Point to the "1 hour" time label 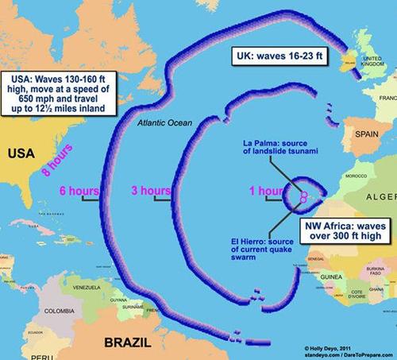coord(264,192)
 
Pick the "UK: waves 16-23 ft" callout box coord(287,56)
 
